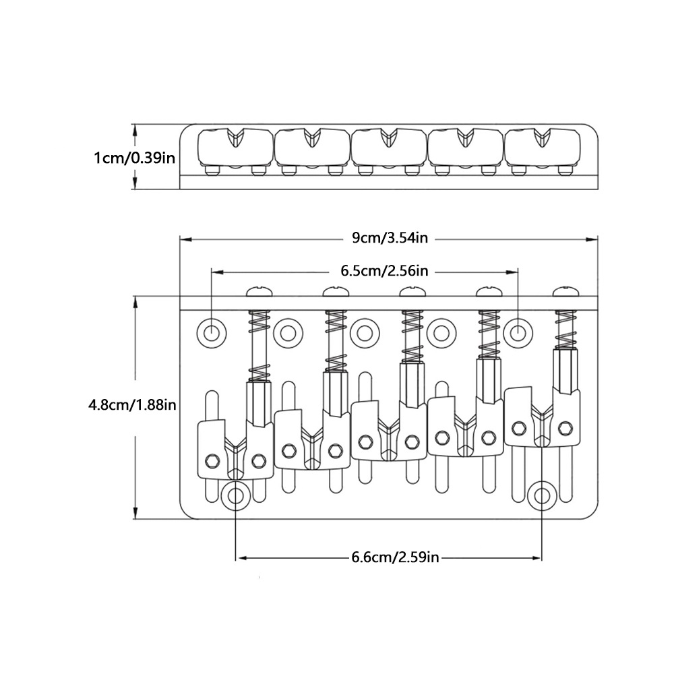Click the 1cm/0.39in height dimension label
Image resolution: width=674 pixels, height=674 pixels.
[135, 158]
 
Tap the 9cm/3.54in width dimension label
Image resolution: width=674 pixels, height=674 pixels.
[390, 238]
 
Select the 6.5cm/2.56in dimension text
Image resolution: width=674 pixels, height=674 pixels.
[385, 271]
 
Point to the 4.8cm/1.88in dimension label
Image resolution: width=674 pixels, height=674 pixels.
[132, 404]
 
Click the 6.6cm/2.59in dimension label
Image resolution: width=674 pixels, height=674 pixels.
[395, 557]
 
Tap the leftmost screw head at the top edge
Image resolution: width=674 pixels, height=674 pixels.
[259, 292]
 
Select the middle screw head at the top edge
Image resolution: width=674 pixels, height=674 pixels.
[412, 292]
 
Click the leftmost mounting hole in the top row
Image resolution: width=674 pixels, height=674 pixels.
[212, 332]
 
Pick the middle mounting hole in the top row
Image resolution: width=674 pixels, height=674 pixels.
[365, 333]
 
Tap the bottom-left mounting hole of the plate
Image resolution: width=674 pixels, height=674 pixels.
[235, 495]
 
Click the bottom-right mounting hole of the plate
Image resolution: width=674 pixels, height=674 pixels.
[542, 495]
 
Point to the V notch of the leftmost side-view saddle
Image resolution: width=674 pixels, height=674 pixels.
[235, 137]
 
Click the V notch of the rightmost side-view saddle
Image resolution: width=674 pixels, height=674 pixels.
[542, 137]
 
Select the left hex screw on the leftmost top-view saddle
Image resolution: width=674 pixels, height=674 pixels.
[212, 460]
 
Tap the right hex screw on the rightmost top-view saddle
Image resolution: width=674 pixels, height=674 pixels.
[565, 428]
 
